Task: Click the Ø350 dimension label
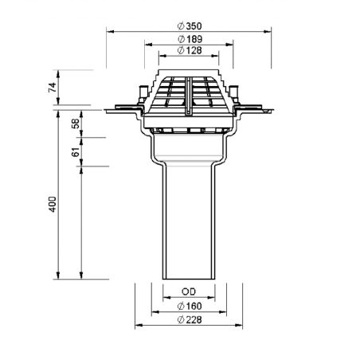coord(190,26)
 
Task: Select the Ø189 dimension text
coord(190,39)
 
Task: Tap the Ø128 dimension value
coord(190,50)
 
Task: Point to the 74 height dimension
coord(53,88)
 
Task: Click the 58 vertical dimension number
coord(76,123)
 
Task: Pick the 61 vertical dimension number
coord(76,152)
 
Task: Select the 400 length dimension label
coord(53,204)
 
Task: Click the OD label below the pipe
coord(189,292)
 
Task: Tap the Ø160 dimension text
coord(190,306)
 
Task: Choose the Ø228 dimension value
coord(190,320)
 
